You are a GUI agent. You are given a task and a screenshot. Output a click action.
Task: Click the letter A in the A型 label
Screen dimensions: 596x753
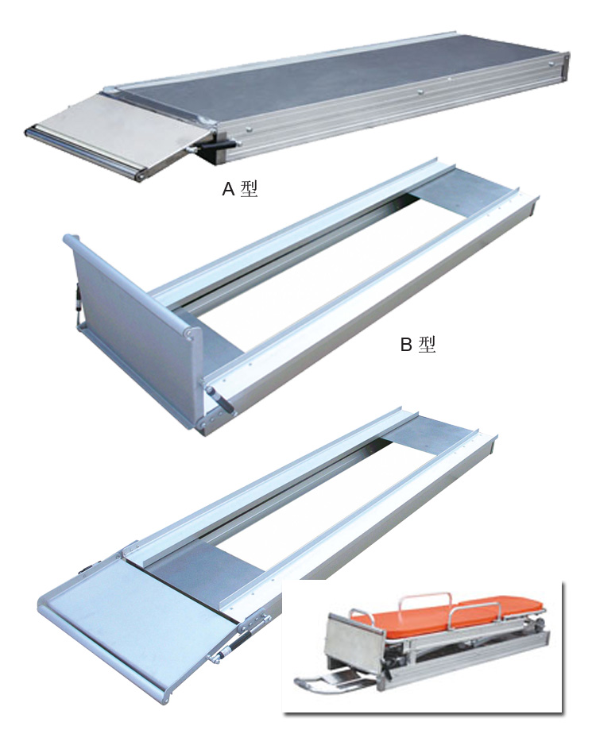pos(228,190)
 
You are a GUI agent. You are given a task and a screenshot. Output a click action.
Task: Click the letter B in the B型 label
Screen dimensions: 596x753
pos(406,345)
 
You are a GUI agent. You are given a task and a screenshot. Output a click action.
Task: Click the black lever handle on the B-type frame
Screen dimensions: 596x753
pos(222,400)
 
